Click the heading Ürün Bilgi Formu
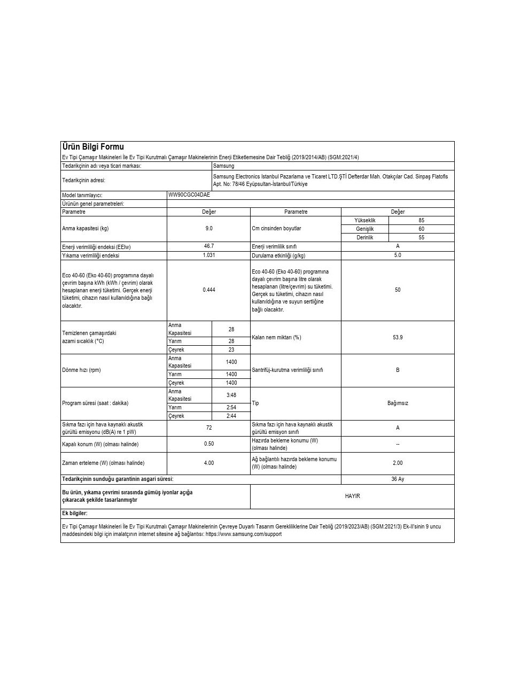[93, 147]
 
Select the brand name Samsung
[223, 166]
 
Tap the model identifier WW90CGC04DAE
[189, 195]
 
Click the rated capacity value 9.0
[209, 228]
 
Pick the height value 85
[422, 220]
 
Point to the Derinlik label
[365, 237]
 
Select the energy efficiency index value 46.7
[209, 246]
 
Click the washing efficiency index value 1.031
[209, 255]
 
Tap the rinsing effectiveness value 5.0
[398, 255]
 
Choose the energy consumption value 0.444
[209, 290]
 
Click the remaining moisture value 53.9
[398, 337]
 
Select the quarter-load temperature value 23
[231, 349]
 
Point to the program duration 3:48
[231, 395]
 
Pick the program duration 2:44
[231, 416]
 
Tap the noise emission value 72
[209, 428]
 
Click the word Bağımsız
[398, 403]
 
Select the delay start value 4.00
[209, 463]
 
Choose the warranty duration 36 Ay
[398, 479]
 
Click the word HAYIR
[352, 496]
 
